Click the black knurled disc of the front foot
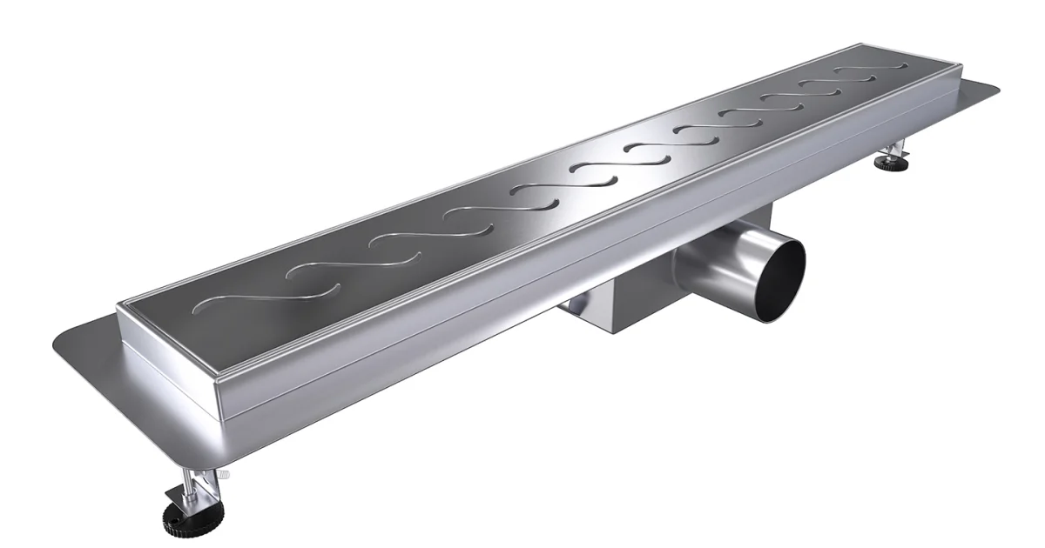click(x=186, y=520)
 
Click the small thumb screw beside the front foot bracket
click(x=224, y=474)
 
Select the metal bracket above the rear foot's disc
click(x=897, y=149)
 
